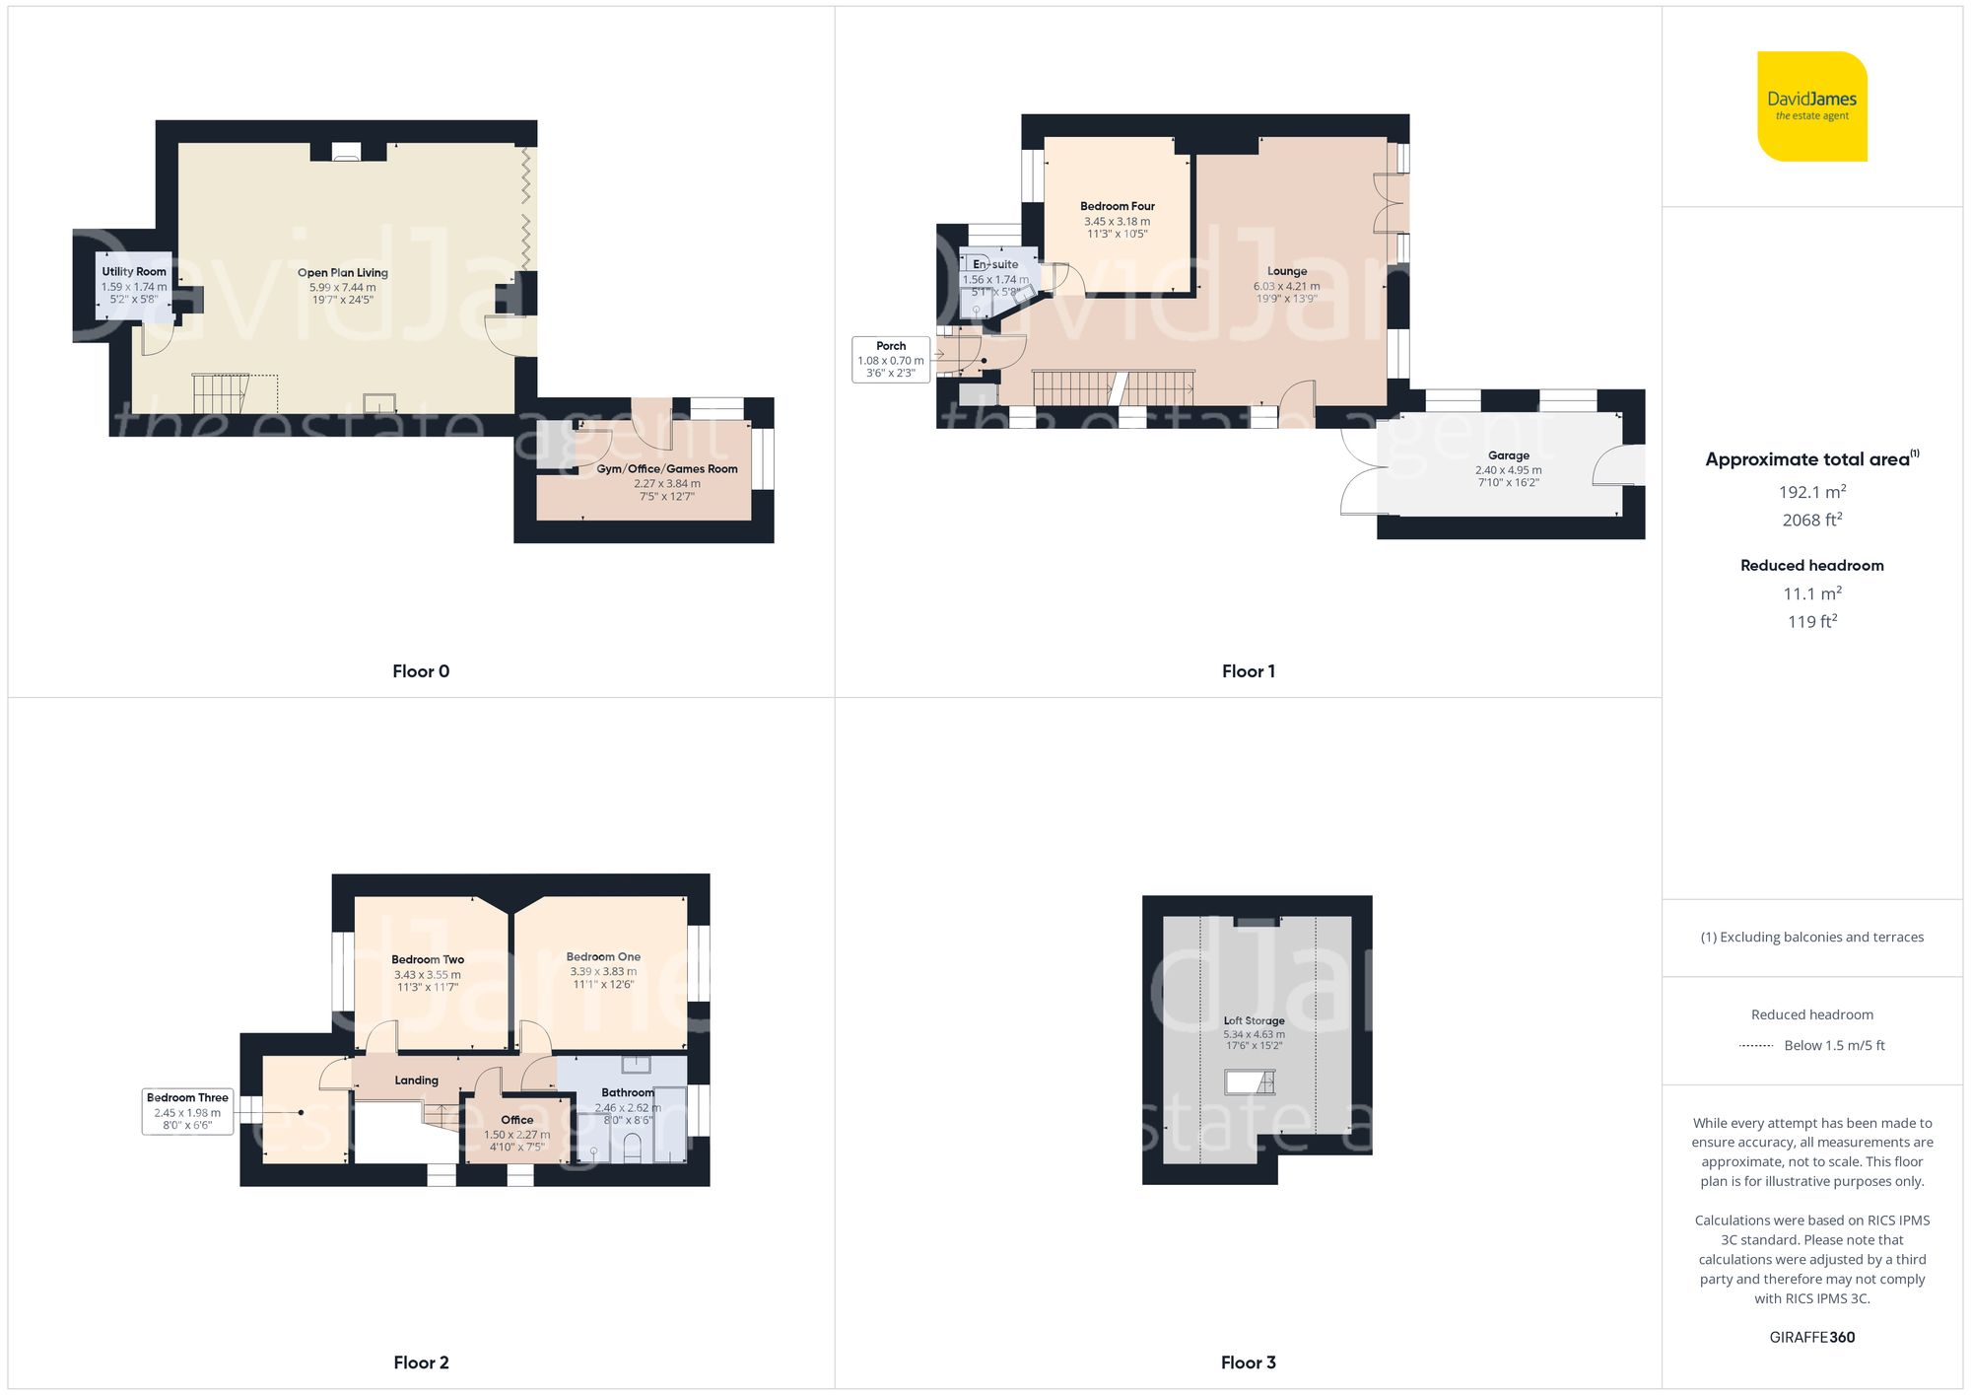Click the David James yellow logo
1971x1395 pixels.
point(1811,106)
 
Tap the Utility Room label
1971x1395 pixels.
point(134,272)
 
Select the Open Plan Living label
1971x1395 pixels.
point(343,273)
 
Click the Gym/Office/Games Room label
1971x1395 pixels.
point(667,469)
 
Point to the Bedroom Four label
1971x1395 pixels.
point(1117,207)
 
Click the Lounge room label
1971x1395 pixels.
point(1287,271)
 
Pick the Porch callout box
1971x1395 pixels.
point(891,360)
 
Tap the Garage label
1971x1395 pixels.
point(1509,455)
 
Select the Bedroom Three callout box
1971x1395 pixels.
point(187,1111)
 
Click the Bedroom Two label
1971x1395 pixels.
point(428,959)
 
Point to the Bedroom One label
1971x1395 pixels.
point(603,957)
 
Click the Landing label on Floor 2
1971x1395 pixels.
point(416,1081)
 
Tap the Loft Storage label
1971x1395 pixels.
point(1254,1021)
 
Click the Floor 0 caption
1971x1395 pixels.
point(421,671)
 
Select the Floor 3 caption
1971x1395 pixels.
point(1248,1362)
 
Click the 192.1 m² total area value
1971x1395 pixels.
point(1811,492)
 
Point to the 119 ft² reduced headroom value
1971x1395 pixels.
point(1811,622)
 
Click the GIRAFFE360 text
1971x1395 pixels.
point(1811,1338)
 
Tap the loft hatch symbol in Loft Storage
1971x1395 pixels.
point(1250,1082)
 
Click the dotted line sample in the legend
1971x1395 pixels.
point(1756,1046)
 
